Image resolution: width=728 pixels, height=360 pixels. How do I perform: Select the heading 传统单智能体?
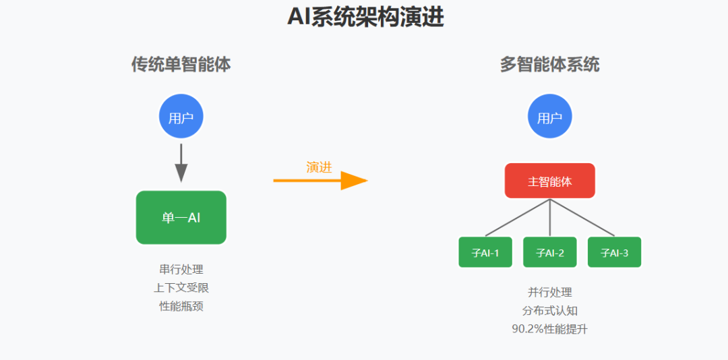pyautogui.click(x=181, y=65)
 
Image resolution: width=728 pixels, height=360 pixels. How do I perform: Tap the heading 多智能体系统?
pyautogui.click(x=549, y=65)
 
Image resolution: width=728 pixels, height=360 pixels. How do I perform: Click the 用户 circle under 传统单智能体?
pyautogui.click(x=181, y=118)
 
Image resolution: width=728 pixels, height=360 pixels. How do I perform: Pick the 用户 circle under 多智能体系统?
pyautogui.click(x=549, y=118)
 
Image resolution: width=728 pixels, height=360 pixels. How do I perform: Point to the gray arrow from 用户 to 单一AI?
pyautogui.click(x=181, y=162)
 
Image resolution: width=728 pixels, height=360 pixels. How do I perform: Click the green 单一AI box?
pyautogui.click(x=181, y=217)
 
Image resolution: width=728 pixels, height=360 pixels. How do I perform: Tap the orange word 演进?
pyautogui.click(x=319, y=167)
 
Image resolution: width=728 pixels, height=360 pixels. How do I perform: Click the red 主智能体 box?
pyautogui.click(x=549, y=181)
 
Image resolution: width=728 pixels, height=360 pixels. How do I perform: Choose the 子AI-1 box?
pyautogui.click(x=485, y=252)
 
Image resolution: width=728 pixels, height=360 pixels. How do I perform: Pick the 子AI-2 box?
pyautogui.click(x=549, y=252)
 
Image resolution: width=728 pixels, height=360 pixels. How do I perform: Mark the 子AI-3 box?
pyautogui.click(x=614, y=252)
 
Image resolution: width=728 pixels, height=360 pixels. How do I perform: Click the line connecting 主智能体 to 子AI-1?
pyautogui.click(x=518, y=217)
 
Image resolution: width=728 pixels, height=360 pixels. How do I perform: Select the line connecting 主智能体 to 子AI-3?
pyautogui.click(x=582, y=217)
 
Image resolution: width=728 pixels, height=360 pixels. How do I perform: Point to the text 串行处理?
pyautogui.click(x=181, y=270)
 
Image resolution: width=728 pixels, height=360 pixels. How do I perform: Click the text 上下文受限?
pyautogui.click(x=181, y=288)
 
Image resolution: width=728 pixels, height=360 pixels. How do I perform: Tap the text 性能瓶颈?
pyautogui.click(x=181, y=306)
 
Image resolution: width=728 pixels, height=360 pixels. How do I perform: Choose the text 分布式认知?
pyautogui.click(x=549, y=311)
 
